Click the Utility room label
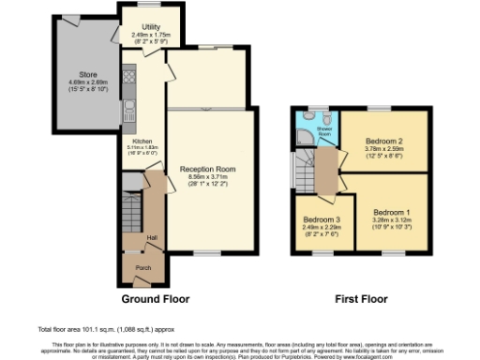click(143, 27)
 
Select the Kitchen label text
click(141, 141)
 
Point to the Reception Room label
click(207, 169)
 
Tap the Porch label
click(143, 267)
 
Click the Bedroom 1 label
click(392, 213)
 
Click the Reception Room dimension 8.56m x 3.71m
click(207, 176)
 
